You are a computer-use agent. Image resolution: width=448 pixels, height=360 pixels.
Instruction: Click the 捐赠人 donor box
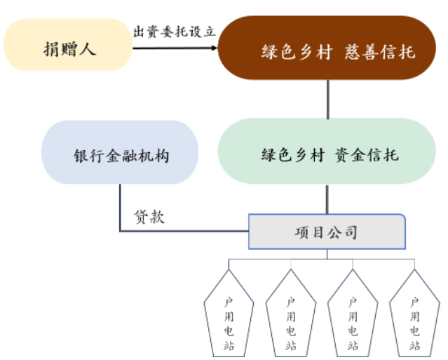coord(68,48)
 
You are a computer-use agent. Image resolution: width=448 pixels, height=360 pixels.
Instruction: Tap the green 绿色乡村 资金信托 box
coord(326,152)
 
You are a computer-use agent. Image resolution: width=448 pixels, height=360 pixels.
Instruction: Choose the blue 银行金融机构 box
coord(120,152)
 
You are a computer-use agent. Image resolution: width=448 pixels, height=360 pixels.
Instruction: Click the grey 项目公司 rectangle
coord(326,232)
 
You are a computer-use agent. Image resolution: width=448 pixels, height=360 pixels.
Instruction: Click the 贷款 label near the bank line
coord(148,217)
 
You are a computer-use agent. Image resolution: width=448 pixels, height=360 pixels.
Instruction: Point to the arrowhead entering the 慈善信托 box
coord(213,48)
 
